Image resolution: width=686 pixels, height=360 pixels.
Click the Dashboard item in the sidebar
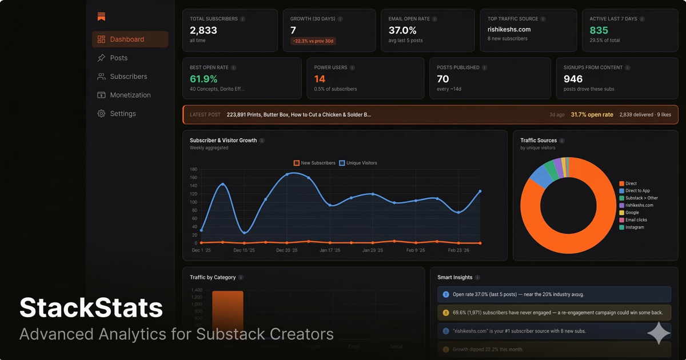pyautogui.click(x=127, y=39)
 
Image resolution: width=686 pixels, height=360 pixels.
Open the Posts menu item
pyautogui.click(x=118, y=58)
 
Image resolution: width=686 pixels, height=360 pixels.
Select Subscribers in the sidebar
pyautogui.click(x=128, y=77)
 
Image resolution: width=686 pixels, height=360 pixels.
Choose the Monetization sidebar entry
pyautogui.click(x=130, y=95)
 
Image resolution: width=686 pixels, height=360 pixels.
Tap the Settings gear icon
pyautogui.click(x=101, y=114)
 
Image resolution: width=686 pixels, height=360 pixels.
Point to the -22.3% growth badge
pyautogui.click(x=313, y=41)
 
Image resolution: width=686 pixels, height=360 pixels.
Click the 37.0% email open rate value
pyautogui.click(x=402, y=30)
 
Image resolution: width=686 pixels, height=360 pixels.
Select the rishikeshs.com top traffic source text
pyautogui.click(x=509, y=29)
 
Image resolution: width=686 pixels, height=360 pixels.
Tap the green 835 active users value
pyautogui.click(x=599, y=30)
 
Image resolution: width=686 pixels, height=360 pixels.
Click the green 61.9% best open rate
pyautogui.click(x=204, y=79)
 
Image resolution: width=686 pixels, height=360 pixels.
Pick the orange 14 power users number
pyautogui.click(x=320, y=79)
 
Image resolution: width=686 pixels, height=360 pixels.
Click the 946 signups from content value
pyautogui.click(x=573, y=79)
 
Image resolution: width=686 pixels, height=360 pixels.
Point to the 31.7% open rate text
pyautogui.click(x=592, y=115)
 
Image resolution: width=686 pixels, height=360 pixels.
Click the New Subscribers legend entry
pyautogui.click(x=314, y=163)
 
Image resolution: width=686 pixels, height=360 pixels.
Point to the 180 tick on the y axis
pyautogui.click(x=193, y=170)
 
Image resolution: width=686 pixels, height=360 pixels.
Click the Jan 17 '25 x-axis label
pyautogui.click(x=330, y=250)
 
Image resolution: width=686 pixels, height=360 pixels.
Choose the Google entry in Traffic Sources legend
pyautogui.click(x=632, y=213)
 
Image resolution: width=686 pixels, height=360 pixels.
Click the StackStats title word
pyautogui.click(x=91, y=309)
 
